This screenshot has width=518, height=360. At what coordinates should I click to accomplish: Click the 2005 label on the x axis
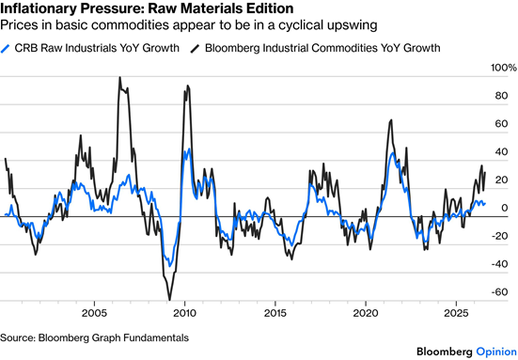(x=95, y=313)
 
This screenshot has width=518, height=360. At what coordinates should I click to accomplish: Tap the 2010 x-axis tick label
(x=184, y=313)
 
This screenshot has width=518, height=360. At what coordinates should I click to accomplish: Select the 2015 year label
(x=275, y=313)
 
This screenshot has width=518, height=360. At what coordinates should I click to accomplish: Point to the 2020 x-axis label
(x=366, y=313)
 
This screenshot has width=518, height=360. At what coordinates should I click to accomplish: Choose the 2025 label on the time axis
(x=456, y=313)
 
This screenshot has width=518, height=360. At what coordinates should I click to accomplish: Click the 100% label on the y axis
(x=504, y=68)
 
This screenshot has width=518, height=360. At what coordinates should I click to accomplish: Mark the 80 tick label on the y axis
(x=501, y=96)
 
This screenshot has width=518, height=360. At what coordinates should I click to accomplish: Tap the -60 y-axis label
(x=499, y=292)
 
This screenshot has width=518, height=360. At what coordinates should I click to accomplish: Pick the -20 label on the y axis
(x=499, y=236)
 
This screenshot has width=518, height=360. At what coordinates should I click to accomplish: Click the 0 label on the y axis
(x=505, y=208)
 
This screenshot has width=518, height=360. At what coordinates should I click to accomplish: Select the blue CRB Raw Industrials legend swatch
(x=6, y=48)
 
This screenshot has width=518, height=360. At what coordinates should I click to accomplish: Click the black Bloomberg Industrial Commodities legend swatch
(x=195, y=48)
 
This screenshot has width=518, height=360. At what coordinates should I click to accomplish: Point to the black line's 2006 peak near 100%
(x=120, y=77)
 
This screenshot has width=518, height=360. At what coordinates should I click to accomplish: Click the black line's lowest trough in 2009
(x=170, y=300)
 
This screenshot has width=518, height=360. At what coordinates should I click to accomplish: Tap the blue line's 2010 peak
(x=189, y=149)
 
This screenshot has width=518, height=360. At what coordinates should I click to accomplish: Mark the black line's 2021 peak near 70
(x=391, y=120)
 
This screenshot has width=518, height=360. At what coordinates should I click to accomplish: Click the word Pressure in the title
(x=111, y=8)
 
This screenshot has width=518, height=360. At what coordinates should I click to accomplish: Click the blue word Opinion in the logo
(x=496, y=352)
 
